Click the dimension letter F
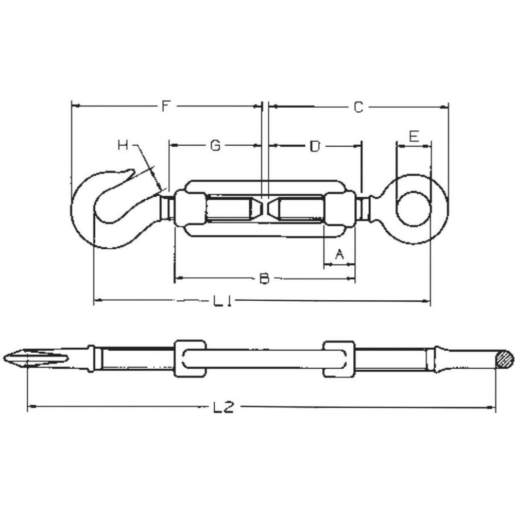point(166,106)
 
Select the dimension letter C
point(358,108)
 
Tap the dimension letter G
point(215,145)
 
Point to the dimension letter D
point(315,146)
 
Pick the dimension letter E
point(414,135)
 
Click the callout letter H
point(123,145)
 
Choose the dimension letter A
point(339,254)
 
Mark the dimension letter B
point(264,279)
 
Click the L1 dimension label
point(222,300)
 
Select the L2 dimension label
point(224,407)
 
